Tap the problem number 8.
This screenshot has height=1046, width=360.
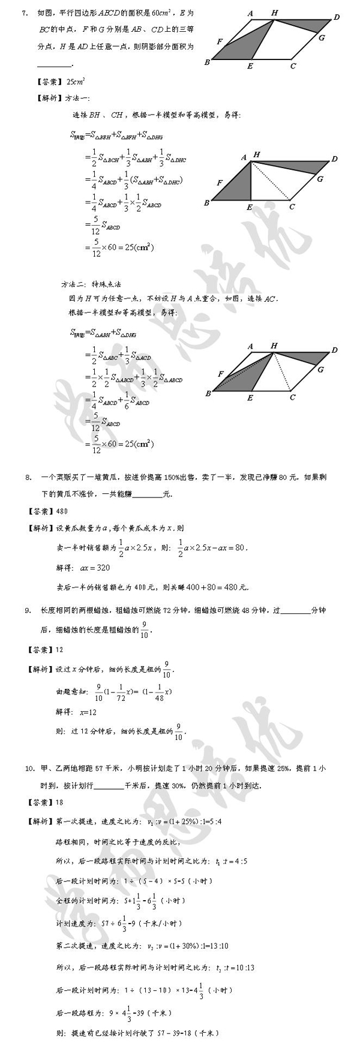coord(28,478)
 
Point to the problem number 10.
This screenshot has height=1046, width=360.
coord(29,768)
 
